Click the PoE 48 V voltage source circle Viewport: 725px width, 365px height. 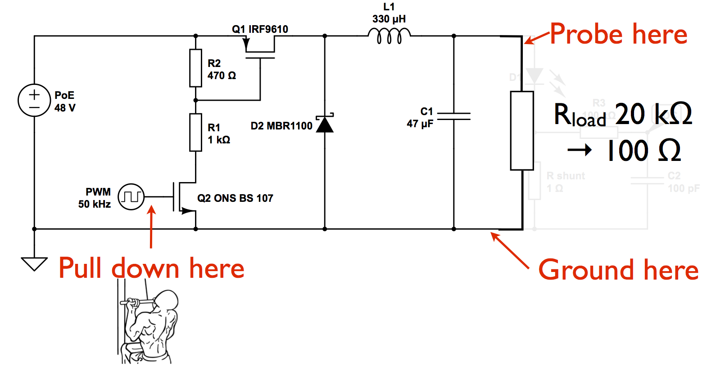click(34, 100)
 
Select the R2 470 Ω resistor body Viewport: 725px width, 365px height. click(195, 68)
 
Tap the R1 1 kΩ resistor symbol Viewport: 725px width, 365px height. click(195, 133)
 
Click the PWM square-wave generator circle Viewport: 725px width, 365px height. click(131, 197)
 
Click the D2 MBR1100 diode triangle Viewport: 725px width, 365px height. click(325, 125)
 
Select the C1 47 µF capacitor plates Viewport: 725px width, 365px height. click(453, 116)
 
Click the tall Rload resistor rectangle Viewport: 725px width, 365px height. click(522, 131)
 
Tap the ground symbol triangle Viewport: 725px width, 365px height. click(34, 263)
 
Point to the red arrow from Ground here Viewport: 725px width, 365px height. click(509, 250)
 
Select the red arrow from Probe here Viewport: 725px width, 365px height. click(537, 39)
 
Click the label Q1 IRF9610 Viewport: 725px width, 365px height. click(260, 29)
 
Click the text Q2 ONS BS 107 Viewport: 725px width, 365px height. click(235, 198)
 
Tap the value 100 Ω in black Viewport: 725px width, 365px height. click(643, 151)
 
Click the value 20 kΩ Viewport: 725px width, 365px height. click(653, 114)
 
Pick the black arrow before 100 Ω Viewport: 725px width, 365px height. click(580, 150)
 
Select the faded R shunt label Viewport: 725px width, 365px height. click(566, 176)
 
